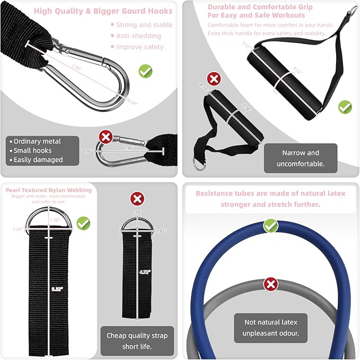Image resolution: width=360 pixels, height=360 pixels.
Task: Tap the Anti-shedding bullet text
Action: click(138, 36)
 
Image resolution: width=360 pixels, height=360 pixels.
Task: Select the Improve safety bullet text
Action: click(140, 47)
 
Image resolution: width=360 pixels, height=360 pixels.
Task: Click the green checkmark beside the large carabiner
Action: click(145, 71)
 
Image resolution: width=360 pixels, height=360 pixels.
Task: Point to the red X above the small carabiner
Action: click(106, 138)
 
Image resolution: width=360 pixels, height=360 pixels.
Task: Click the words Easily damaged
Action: click(38, 160)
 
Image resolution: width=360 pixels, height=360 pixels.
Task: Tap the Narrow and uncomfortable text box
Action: click(300, 159)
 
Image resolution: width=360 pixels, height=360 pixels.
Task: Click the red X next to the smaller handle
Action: click(213, 80)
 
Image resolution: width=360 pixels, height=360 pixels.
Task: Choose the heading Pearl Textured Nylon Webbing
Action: click(49, 190)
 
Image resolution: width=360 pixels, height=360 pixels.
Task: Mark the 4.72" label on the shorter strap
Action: click(144, 272)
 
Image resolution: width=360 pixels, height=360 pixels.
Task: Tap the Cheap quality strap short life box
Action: click(137, 340)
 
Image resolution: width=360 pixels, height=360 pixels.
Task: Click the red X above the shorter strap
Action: click(137, 199)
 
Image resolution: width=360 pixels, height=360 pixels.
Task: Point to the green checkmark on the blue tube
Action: click(271, 226)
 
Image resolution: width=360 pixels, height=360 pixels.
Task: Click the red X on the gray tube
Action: click(271, 284)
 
